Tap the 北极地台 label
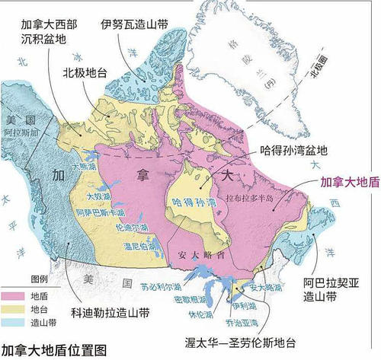tap(85, 74)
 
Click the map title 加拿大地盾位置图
tap(54, 350)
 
